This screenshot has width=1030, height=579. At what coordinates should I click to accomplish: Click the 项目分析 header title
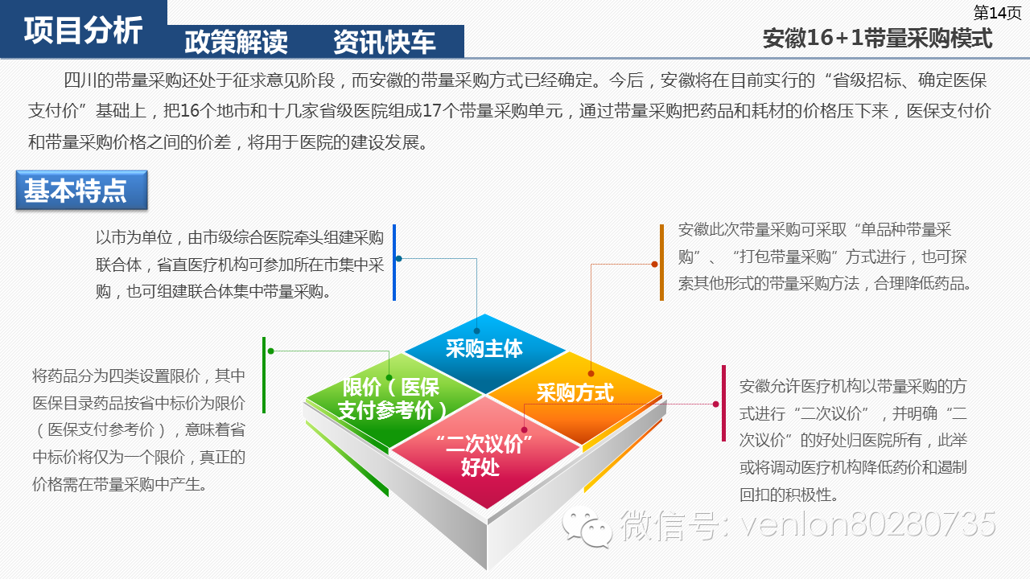[x=83, y=31]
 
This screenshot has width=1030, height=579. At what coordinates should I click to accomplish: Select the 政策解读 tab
[x=236, y=42]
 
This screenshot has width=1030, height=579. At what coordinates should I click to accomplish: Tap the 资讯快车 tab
[x=385, y=42]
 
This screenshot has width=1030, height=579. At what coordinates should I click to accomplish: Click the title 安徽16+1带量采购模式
[x=877, y=38]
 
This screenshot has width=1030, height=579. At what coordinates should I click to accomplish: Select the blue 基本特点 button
[x=81, y=191]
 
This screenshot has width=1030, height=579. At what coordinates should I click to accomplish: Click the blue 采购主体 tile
[x=484, y=347]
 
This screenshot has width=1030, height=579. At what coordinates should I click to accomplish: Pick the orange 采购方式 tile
[x=575, y=392]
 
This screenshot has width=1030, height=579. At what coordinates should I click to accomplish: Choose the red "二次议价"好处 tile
[x=480, y=455]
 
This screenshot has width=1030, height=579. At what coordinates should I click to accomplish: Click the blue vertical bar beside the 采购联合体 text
[x=394, y=263]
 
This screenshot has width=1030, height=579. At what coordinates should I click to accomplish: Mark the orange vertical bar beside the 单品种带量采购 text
[x=661, y=263]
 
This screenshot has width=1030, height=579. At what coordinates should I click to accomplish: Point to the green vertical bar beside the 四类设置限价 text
[x=263, y=375]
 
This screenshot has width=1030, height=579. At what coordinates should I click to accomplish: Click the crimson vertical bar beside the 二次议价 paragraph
[x=723, y=403]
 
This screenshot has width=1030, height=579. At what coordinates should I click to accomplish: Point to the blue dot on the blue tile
[x=476, y=331]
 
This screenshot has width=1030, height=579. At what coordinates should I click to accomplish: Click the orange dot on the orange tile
[x=591, y=373]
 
